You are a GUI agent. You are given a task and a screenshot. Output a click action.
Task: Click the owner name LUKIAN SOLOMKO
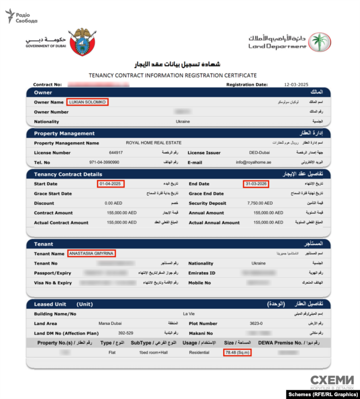point(88,102)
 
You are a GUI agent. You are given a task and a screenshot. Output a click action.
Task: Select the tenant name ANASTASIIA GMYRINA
point(91,253)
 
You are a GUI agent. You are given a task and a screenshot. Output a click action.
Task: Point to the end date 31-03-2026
point(256,184)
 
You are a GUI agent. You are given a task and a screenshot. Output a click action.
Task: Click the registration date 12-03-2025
point(295,85)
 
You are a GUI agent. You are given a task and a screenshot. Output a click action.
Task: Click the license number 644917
point(116,153)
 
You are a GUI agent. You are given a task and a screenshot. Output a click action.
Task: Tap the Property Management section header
point(64,133)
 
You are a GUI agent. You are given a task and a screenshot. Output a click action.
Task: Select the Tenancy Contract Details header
point(68,174)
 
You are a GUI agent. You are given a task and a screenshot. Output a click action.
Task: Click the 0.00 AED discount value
point(113,203)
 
